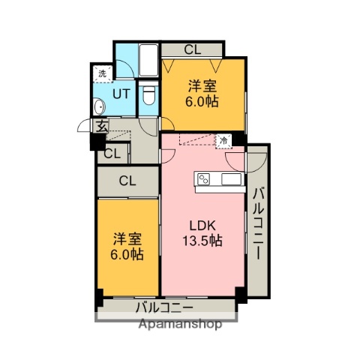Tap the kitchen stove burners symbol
[203, 178]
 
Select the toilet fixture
[148, 94]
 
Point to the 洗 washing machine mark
[102, 73]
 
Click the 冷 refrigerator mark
[223, 139]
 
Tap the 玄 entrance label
[99, 126]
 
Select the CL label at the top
[192, 50]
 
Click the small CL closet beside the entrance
[112, 154]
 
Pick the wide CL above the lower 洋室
[127, 180]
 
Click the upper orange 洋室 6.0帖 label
[202, 92]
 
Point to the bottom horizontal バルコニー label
[164, 307]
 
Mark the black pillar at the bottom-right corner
[241, 294]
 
